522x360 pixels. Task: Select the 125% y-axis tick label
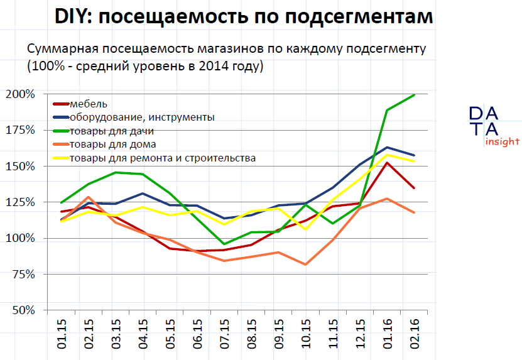point(22,202)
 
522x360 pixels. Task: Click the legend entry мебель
point(89,104)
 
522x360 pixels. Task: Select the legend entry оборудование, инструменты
point(142,117)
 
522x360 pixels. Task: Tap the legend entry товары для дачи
point(112,131)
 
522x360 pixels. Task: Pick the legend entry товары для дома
point(112,145)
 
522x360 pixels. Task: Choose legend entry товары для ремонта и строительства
point(163,158)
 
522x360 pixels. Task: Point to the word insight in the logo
point(501,141)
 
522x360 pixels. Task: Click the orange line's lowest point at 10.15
point(305,265)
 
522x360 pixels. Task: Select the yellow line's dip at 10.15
point(305,229)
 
